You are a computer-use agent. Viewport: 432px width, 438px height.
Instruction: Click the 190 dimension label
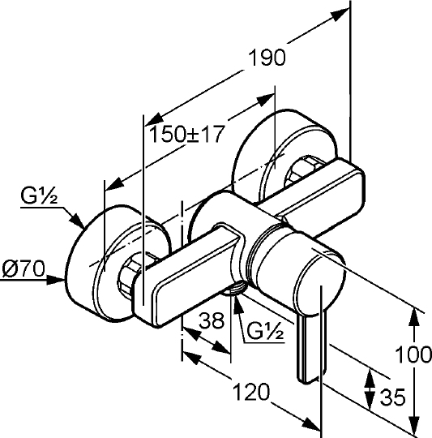coord(267,58)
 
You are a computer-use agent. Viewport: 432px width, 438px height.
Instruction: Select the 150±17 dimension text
coord(186,134)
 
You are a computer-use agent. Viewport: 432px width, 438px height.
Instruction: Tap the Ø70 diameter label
coord(24,269)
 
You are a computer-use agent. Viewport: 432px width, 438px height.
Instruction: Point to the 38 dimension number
coord(212,320)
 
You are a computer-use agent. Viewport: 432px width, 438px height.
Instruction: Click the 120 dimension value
coord(251,392)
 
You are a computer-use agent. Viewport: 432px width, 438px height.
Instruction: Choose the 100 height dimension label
coord(413,354)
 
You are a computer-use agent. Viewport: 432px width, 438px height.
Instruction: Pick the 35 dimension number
coord(392,397)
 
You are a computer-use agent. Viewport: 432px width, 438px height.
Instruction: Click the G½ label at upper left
coord(39,195)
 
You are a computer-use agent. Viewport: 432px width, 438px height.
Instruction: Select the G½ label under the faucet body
coord(265,330)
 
